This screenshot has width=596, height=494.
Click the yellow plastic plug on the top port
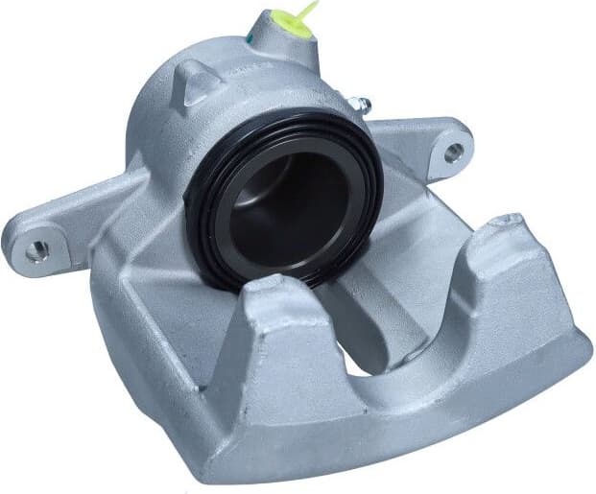pos(289,23)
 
